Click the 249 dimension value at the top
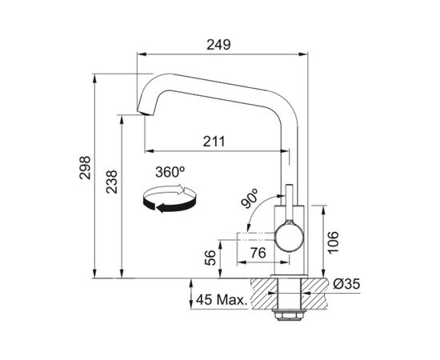[x=218, y=45]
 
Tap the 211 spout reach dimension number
[x=214, y=142]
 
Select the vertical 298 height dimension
[x=85, y=167]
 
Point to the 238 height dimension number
[x=111, y=182]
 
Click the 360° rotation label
[x=170, y=172]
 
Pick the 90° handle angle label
[x=250, y=198]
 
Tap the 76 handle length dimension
[x=258, y=253]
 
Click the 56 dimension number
[x=210, y=258]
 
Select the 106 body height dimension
[x=333, y=242]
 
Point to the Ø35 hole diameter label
[x=346, y=284]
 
